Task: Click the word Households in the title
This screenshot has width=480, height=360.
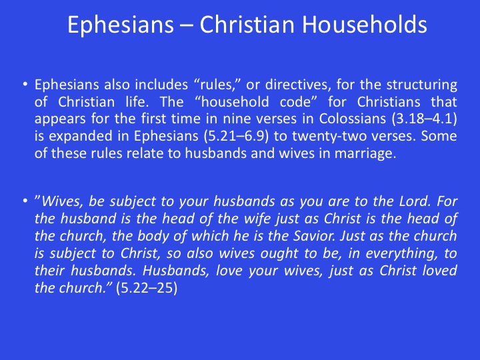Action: point(364,24)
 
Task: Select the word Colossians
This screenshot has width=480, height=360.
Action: point(353,119)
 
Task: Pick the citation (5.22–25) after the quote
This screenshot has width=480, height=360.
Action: point(147,288)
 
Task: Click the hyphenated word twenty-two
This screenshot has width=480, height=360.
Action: point(329,136)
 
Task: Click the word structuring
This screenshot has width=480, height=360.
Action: point(422,85)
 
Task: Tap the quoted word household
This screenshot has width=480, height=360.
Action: point(235,101)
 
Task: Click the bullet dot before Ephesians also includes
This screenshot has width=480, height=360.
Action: point(25,84)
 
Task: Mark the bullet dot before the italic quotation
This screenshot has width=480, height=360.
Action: point(25,201)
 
